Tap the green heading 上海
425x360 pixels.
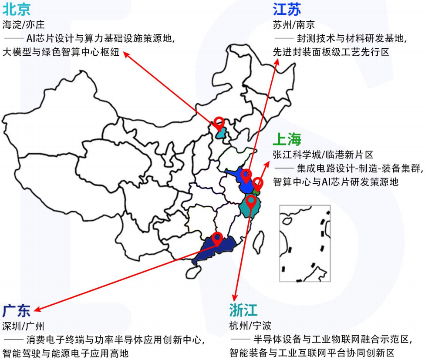[x=287, y=140]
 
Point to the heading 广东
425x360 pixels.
[x=17, y=311]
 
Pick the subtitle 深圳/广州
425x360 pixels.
[x=24, y=326]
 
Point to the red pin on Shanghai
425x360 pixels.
[x=258, y=183]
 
